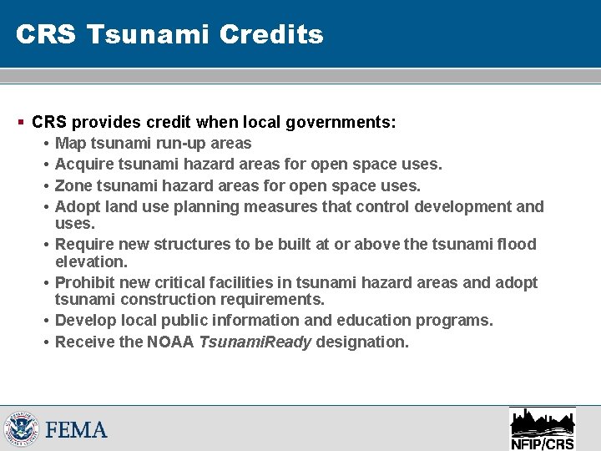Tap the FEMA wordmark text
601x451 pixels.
click(77, 430)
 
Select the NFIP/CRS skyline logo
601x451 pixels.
click(542, 428)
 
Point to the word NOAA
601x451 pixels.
click(173, 341)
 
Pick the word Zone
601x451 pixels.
click(73, 185)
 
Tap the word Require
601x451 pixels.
click(83, 244)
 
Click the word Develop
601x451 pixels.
click(84, 321)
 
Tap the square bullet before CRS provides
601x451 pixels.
click(21, 122)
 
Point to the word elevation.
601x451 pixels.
click(91, 261)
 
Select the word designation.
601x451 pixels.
click(367, 341)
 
